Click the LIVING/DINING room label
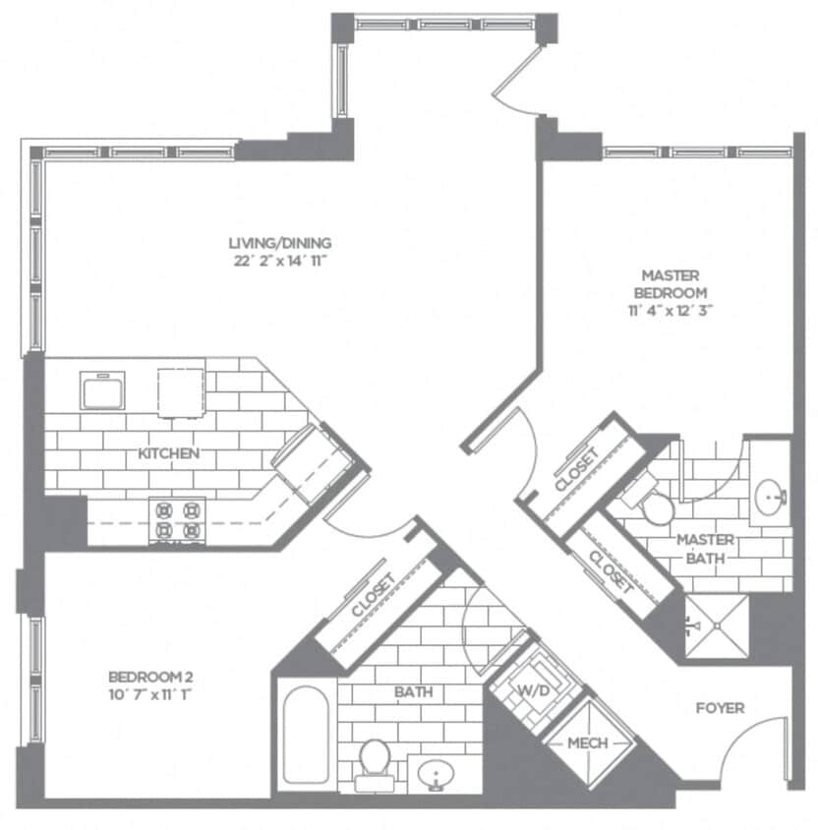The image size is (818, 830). (280, 243)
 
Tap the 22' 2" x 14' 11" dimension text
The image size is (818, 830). (280, 261)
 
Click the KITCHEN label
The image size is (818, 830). (169, 453)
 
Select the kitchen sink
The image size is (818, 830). (102, 390)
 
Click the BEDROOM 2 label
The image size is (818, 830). (150, 677)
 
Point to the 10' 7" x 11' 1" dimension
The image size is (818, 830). (150, 694)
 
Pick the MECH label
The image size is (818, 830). (588, 742)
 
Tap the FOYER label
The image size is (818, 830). (720, 707)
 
